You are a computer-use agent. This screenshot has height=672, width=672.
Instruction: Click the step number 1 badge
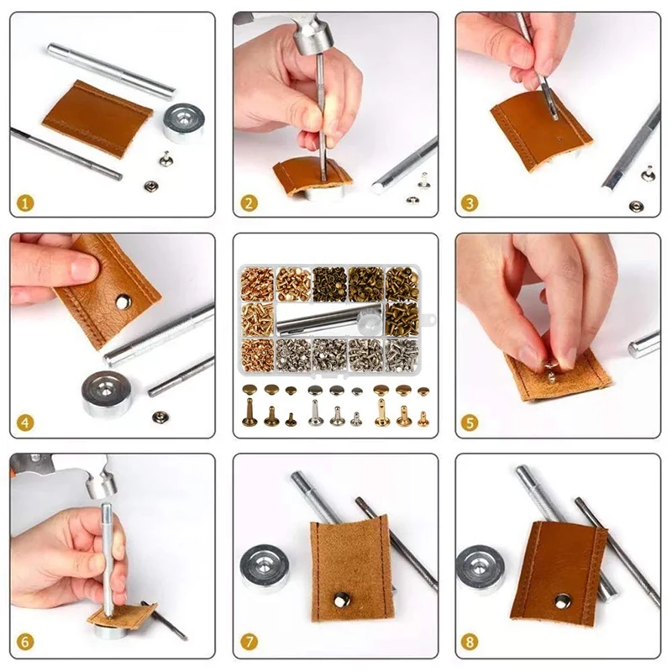click(28, 202)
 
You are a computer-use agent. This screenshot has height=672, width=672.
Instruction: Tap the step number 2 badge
click(249, 202)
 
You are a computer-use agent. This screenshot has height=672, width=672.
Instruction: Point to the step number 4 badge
click(28, 423)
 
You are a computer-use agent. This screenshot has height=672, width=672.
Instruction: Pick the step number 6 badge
click(28, 643)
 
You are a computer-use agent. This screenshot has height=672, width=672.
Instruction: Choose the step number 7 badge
click(249, 643)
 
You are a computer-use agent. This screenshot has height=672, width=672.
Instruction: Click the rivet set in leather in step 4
click(123, 297)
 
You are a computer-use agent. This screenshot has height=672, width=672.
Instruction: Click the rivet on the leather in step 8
click(561, 600)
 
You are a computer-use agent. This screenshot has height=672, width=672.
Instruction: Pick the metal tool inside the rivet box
click(328, 319)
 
